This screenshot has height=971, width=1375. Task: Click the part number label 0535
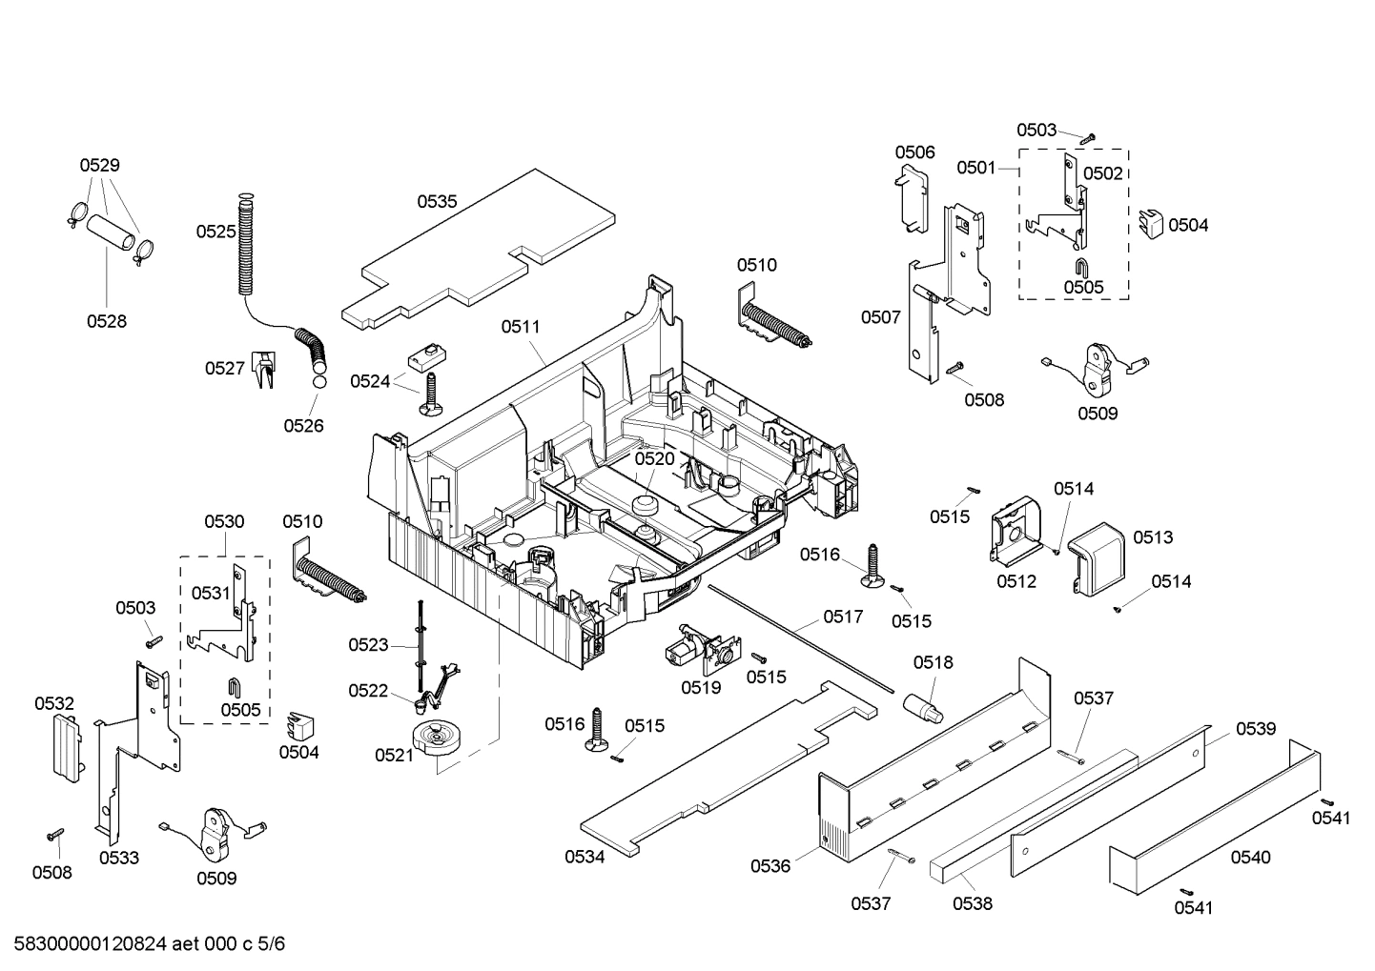437,202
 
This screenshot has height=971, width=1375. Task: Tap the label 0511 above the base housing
521,327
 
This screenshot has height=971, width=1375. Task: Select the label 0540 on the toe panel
1250,858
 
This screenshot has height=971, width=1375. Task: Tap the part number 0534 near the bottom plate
585,857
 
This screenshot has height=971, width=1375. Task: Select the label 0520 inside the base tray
654,458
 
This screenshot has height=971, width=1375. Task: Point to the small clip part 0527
263,369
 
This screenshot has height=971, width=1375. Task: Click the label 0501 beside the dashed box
976,169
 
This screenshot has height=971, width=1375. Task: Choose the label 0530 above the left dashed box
224,522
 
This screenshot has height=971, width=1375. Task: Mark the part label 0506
914,152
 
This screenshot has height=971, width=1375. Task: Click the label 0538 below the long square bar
972,903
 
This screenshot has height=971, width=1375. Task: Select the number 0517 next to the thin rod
843,617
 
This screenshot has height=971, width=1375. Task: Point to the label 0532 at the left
54,704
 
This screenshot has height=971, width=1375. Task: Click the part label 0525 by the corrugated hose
216,232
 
